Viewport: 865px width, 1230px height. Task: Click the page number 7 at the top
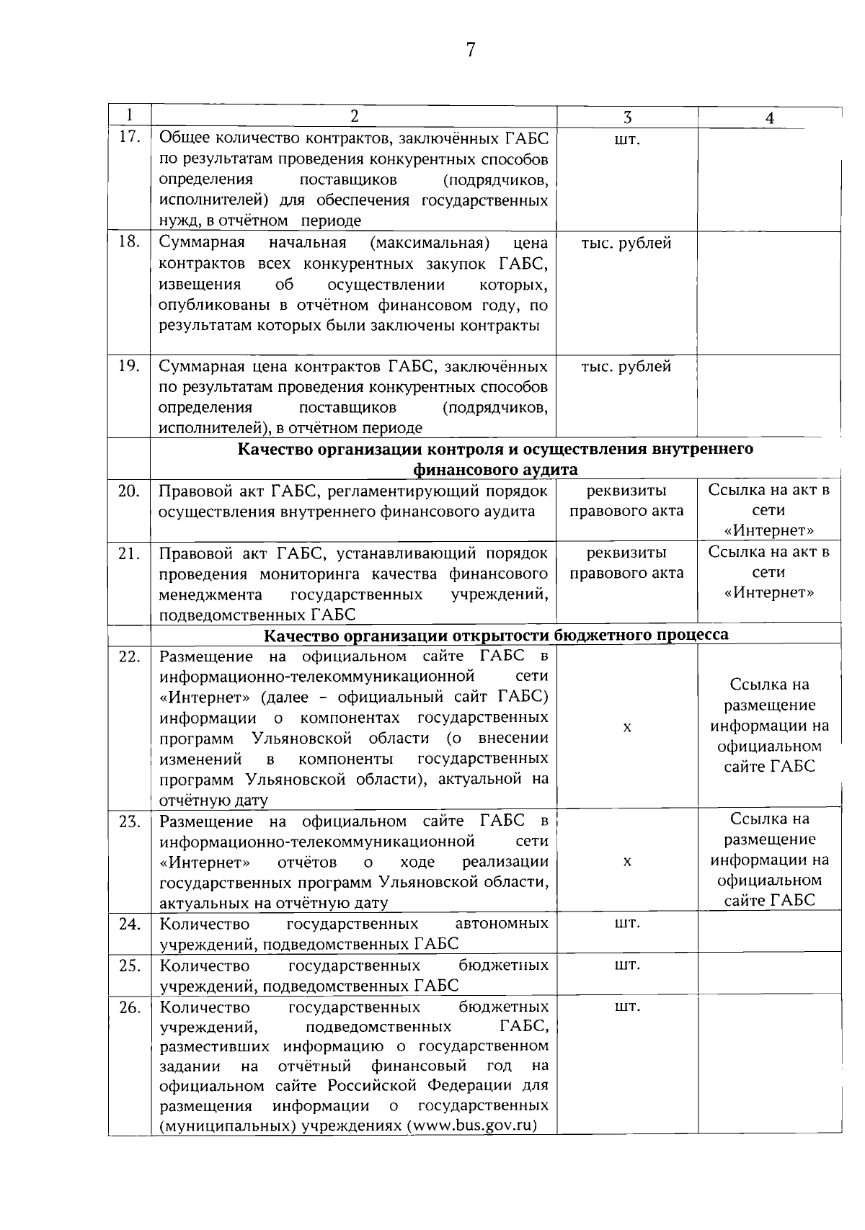470,50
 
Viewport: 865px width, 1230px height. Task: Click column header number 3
627,117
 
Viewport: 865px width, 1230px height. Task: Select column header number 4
769,118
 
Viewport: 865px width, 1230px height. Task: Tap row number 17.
129,137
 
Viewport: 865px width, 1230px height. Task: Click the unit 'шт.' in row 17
626,140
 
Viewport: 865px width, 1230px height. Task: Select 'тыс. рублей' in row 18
626,244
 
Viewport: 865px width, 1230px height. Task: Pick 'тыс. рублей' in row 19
626,367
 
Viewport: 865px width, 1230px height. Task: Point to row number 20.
129,491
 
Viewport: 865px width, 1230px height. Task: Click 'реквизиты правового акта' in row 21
626,563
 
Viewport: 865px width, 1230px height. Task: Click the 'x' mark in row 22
627,728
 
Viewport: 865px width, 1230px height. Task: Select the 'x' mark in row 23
627,862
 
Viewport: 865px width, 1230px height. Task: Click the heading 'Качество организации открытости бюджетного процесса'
496,635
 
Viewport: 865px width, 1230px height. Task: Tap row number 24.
129,924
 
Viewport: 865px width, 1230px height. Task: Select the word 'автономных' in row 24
502,924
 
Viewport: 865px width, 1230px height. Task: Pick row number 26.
129,1007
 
